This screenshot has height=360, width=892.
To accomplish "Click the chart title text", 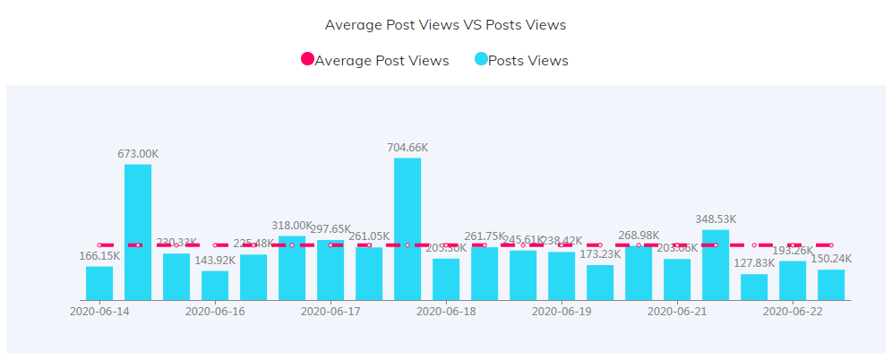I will [445, 25].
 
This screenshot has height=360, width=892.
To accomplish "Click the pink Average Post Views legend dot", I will [307, 60].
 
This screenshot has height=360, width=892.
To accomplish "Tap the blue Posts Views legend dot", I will [481, 60].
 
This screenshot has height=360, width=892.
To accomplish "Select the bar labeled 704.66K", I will [407, 228].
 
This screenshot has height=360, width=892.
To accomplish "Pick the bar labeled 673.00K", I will [138, 232].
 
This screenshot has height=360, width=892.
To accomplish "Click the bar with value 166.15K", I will [99, 283].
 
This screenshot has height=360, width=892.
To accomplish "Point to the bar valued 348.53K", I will [716, 264].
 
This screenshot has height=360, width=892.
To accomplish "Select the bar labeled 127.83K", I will [754, 287].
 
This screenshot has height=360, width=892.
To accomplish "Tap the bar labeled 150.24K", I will [831, 285].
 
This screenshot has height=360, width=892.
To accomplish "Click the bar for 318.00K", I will [292, 268].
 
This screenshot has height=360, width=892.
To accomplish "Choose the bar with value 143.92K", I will [215, 285].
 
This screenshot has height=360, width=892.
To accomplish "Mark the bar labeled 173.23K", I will [600, 282].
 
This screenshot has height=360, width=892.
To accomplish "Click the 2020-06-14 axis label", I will [99, 312].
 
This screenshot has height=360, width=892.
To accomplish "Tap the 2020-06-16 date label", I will [215, 312].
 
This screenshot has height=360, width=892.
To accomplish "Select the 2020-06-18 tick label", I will [446, 312].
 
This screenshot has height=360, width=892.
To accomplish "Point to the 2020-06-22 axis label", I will [793, 312].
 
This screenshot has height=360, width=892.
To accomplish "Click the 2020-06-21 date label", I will [677, 312].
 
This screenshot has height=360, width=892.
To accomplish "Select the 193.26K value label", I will [793, 250].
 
